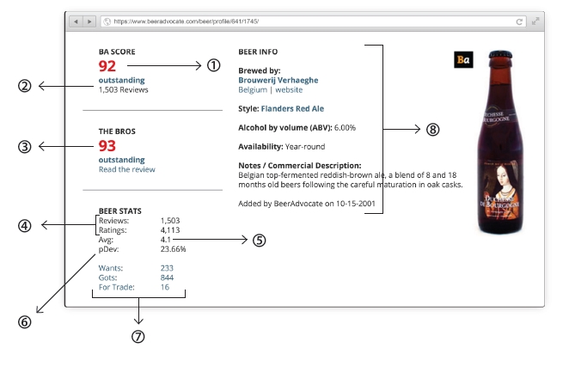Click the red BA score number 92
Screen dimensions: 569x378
pos(107,66)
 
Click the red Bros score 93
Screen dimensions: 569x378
pos(107,146)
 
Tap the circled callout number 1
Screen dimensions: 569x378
pos(214,65)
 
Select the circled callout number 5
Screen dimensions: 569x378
pos(259,241)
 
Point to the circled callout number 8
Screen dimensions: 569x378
pos(432,130)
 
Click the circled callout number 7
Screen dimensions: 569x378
pos(138,337)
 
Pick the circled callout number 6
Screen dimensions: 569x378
pos(25,322)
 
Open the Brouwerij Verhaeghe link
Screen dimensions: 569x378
pos(278,80)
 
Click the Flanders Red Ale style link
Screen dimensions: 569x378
pos(292,108)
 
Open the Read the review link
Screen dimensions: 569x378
pos(127,169)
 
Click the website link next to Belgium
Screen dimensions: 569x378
pos(289,89)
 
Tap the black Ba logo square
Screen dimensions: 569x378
pos(463,59)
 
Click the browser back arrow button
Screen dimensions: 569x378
pos(76,21)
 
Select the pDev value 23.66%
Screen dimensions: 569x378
pos(173,249)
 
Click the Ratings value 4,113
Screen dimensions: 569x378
pos(170,230)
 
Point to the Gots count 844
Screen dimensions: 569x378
pos(167,277)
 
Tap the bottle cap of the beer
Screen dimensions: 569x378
pos(500,55)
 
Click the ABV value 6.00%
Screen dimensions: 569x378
pos(345,128)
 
